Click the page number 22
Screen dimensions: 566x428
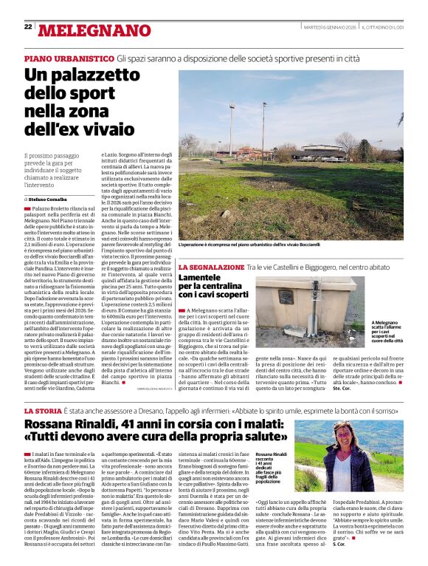(x=28, y=27)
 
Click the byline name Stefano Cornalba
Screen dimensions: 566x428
(x=49, y=200)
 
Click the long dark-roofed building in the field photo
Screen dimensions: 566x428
(x=251, y=153)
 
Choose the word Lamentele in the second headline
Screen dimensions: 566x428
(x=204, y=276)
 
